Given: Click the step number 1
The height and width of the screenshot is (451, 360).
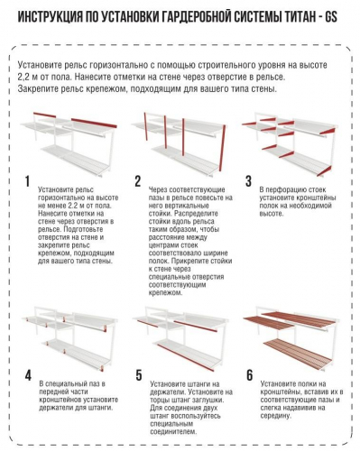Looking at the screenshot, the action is point(27,181).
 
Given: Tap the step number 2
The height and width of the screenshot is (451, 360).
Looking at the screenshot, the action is point(138,181).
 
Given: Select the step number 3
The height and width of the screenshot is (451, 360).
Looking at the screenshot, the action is point(248,181).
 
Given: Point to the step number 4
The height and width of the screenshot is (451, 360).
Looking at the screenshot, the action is point(28,375).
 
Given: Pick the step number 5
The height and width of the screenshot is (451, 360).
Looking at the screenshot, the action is point(139,375).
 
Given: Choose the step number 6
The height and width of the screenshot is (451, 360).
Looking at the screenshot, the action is point(250,375).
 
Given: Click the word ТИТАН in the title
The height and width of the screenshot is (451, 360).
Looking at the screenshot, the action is point(297,17).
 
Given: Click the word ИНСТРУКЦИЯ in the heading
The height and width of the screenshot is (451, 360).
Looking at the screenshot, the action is point(50,17).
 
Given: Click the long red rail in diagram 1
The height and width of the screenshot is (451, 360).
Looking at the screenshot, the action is point(94,123).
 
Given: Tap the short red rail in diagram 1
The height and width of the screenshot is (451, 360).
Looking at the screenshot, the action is point(44,115).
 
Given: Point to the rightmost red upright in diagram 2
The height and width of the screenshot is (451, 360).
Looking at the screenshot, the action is point(223,148).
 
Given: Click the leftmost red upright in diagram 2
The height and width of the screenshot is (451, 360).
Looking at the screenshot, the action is point(145,126).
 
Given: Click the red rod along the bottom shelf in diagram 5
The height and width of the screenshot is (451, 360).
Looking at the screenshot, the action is point(186,358).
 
